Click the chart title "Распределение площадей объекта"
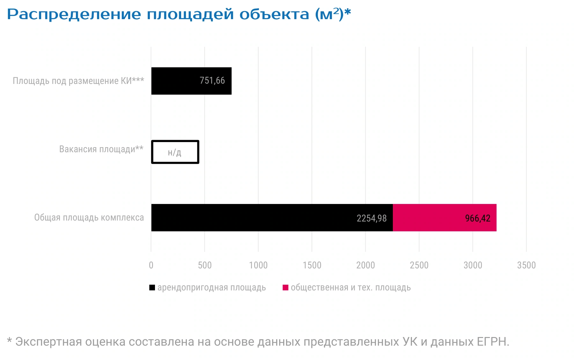(x=158, y=14)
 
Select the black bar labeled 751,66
(x=191, y=81)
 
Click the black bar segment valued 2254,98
(x=272, y=218)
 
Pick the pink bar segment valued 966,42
(x=445, y=218)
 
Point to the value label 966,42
(x=478, y=218)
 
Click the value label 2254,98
(x=372, y=218)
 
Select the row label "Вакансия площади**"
(x=101, y=149)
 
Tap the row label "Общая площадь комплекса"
(x=89, y=218)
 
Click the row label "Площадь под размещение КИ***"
(x=78, y=81)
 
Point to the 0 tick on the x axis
(x=151, y=265)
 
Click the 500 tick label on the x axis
(x=205, y=265)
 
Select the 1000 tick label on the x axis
(x=258, y=265)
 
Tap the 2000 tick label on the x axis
(x=365, y=265)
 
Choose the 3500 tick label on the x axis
(x=526, y=265)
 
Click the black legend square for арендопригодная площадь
(x=152, y=288)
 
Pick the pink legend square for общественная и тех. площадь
(x=285, y=288)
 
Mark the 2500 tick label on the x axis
(x=419, y=265)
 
